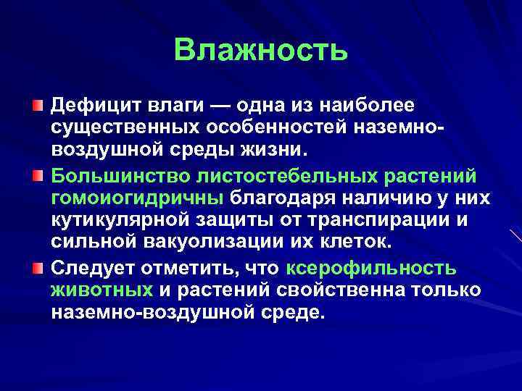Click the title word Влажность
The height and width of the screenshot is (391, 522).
(261, 51)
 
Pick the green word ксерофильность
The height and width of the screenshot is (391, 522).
(372, 268)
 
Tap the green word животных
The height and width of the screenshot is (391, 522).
(102, 291)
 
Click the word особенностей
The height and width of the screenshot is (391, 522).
(279, 129)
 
